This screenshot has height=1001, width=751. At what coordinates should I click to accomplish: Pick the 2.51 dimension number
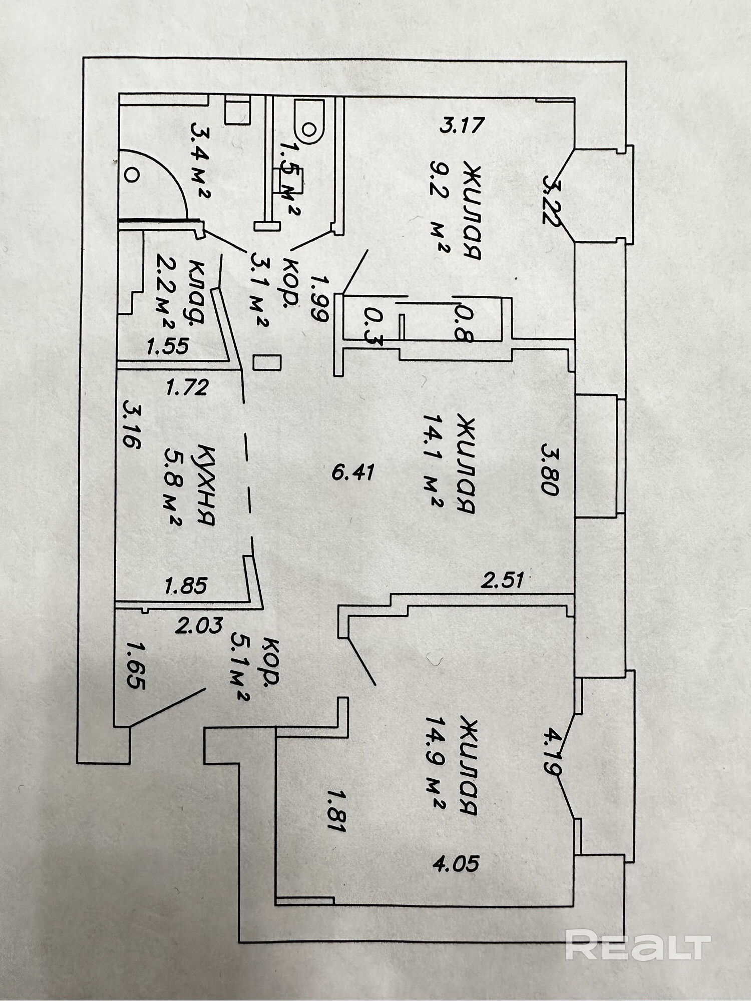pyautogui.click(x=502, y=580)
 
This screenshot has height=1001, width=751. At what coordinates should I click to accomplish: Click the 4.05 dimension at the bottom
pyautogui.click(x=456, y=863)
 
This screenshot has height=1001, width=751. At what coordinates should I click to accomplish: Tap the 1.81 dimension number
pyautogui.click(x=336, y=810)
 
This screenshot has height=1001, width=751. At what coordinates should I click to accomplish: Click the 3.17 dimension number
pyautogui.click(x=462, y=124)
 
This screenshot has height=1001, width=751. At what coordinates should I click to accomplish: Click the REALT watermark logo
pyautogui.click(x=638, y=944)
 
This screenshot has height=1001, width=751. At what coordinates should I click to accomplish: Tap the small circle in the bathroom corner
pyautogui.click(x=132, y=175)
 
